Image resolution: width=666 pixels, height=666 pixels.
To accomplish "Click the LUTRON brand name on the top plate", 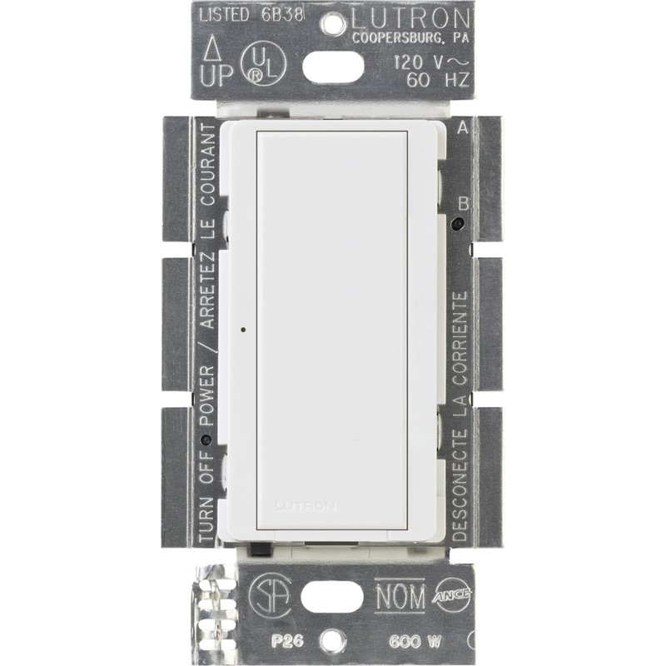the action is coord(409,18).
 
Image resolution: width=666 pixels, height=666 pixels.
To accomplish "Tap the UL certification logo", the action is coord(263,65).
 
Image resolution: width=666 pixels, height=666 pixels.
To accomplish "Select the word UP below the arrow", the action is coord(217,76).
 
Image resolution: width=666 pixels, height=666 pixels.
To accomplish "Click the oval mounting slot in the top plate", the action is coord(333,67).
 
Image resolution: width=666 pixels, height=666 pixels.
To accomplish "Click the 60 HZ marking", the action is coord(438,80).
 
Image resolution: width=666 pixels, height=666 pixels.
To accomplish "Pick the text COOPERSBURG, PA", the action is coord(410,38).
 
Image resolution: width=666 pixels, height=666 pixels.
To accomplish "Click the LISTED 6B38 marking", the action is coord(252,15).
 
